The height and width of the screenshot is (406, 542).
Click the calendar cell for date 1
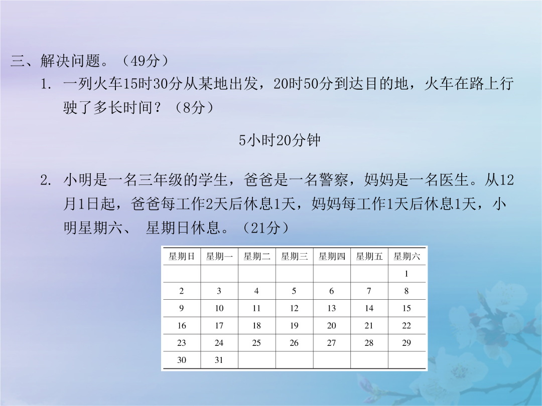click(x=406, y=274)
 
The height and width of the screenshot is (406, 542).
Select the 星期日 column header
click(x=182, y=256)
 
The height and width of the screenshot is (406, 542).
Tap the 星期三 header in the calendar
click(x=294, y=256)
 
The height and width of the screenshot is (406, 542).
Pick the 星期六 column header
click(x=406, y=256)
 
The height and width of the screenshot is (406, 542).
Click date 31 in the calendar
click(x=219, y=360)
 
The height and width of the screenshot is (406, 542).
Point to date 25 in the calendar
click(x=256, y=343)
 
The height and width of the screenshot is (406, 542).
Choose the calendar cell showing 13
click(x=332, y=308)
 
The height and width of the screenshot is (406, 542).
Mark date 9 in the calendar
click(x=182, y=308)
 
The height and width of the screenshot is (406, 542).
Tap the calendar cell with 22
click(x=406, y=326)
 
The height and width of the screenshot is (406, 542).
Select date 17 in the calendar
click(x=219, y=326)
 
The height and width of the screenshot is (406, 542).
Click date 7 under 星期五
click(x=369, y=291)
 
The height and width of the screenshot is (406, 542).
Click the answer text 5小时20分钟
click(x=280, y=140)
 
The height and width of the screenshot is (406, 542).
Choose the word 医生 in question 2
click(x=454, y=180)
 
